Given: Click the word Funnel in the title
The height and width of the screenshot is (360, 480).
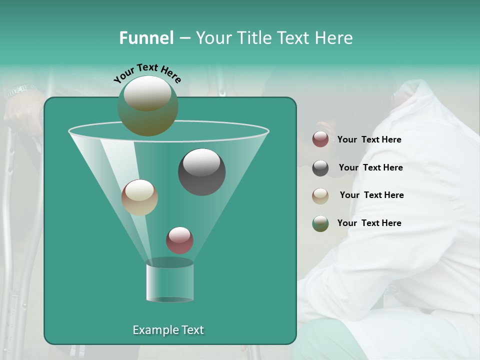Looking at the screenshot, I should [x=146, y=38].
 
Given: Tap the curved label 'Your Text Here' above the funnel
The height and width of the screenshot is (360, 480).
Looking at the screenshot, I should [x=147, y=73].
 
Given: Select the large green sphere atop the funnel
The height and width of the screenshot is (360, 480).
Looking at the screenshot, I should [x=148, y=105].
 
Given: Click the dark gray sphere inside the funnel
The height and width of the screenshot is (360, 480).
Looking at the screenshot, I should [x=202, y=172].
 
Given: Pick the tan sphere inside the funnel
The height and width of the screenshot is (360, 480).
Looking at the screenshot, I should [x=139, y=197].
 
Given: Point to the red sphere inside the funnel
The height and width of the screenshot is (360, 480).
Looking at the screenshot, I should [x=179, y=240].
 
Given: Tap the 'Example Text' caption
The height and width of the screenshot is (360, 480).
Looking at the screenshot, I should [x=168, y=330].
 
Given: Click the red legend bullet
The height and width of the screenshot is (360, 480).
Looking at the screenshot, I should [x=320, y=139].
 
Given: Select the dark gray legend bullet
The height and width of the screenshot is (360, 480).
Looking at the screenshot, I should [x=320, y=168].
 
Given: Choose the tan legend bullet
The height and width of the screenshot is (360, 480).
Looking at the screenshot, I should [x=320, y=196].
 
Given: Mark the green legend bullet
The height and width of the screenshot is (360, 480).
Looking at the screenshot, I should [x=320, y=223].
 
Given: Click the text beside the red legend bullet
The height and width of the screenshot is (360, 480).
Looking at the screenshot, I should [x=369, y=139].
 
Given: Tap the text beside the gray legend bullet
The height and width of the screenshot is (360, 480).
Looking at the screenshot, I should [x=370, y=167].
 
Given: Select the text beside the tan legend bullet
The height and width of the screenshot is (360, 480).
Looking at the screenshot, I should [x=371, y=195].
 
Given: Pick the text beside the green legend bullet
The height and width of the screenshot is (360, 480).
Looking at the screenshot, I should [x=369, y=223].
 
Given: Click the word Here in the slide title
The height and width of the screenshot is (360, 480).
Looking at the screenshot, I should [x=334, y=38].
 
